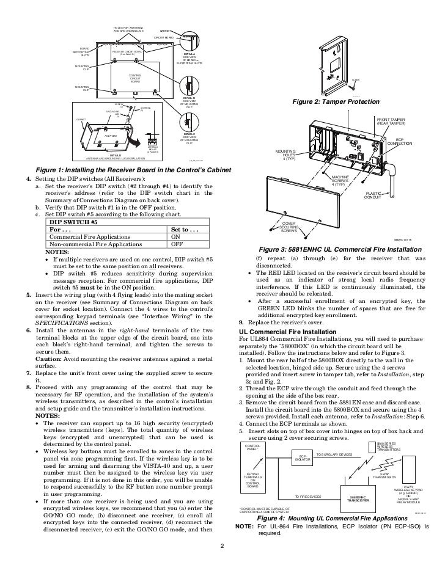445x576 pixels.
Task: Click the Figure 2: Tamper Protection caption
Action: pyautogui.click(x=337, y=101)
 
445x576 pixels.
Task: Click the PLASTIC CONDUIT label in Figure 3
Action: pyautogui.click(x=373, y=194)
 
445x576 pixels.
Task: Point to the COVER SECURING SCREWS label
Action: pyautogui.click(x=289, y=227)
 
